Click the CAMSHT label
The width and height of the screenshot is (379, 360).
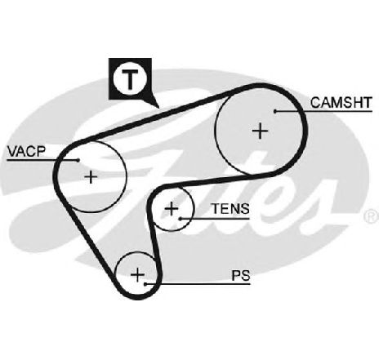coord(341,103)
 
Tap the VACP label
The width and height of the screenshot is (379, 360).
coord(26,152)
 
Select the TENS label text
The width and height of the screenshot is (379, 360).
coord(230,209)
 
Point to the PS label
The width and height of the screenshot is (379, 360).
coord(241,275)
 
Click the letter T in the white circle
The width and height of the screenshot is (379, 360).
coord(130,78)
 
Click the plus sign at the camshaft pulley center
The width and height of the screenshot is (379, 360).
coord(261,131)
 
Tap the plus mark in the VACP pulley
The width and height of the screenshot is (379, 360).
coord(91,177)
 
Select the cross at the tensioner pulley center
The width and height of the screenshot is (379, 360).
coord(172,209)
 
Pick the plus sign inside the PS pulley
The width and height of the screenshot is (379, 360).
coord(138,274)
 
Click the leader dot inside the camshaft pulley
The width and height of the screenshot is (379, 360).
coord(275,111)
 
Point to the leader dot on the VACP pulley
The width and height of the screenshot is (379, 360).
coord(78,160)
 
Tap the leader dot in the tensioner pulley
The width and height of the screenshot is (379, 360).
coord(181,218)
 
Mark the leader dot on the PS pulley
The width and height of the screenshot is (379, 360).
coord(145,284)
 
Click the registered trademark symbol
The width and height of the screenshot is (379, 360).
coord(372,216)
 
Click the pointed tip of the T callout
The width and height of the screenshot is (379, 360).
coord(158,107)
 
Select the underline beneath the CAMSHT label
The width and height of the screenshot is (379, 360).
coord(323,111)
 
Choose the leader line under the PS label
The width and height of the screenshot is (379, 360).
coord(198,284)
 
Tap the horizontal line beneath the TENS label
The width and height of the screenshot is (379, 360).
coord(215,218)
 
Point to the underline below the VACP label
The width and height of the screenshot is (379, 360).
coord(42,160)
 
